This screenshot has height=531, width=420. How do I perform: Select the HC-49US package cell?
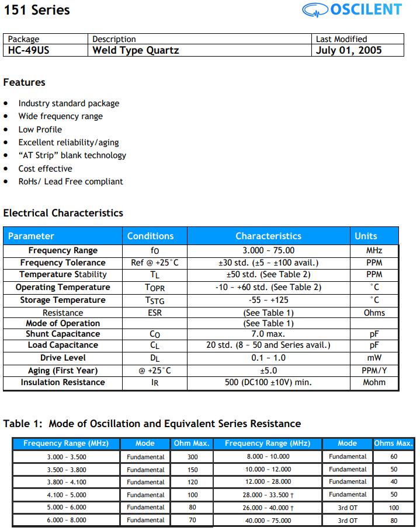tap(29, 50)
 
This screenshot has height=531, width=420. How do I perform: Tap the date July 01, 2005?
tap(349, 50)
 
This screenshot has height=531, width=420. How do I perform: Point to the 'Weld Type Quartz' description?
tap(136, 50)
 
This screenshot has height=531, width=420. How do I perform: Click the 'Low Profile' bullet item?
tap(40, 130)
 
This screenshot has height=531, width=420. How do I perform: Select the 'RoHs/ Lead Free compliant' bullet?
tap(70, 181)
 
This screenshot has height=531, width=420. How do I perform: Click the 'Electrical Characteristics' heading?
tap(63, 213)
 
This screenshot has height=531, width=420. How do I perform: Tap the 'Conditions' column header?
tap(150, 236)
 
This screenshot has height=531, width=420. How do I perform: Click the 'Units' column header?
tap(366, 236)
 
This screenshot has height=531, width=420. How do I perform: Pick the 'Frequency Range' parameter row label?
tap(63, 250)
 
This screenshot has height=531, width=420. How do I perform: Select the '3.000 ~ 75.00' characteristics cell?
tap(268, 250)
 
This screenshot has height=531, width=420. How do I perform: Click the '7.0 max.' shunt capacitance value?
tap(268, 334)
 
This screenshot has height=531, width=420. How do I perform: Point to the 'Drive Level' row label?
tap(63, 358)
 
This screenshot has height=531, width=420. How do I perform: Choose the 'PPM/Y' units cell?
tap(374, 371)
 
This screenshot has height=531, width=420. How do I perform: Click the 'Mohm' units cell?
tap(374, 383)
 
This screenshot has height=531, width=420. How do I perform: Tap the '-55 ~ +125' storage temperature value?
tap(268, 300)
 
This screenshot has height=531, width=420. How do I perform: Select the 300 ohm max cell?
tap(192, 457)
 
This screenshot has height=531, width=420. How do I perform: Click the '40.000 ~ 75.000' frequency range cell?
tap(267, 520)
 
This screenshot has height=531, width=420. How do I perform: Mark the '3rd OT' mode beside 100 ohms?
tap(348, 508)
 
